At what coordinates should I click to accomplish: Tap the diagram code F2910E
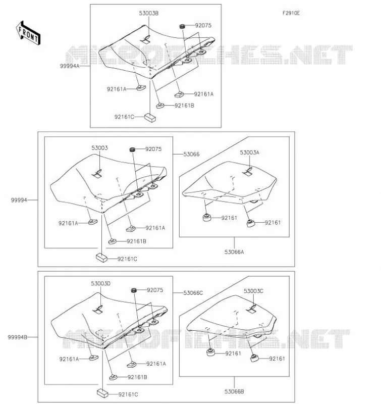[291, 13]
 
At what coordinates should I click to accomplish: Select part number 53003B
[149, 13]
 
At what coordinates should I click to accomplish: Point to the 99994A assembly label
[70, 66]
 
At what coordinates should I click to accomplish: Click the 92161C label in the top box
[124, 117]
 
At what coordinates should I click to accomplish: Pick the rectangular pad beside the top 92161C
[150, 117]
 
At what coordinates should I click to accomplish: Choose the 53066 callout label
[192, 154]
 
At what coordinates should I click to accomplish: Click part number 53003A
[249, 153]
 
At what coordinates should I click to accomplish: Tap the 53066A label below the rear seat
[234, 252]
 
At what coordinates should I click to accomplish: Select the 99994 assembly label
[19, 200]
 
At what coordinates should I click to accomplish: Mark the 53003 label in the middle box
[99, 148]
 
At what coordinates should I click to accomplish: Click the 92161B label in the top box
[184, 106]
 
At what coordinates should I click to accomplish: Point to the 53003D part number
[100, 283]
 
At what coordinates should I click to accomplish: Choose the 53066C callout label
[193, 293]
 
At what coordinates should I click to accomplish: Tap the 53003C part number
[253, 291]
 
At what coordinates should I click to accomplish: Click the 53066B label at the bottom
[234, 391]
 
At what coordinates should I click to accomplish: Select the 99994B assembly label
[18, 337]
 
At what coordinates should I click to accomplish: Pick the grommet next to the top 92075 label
[183, 26]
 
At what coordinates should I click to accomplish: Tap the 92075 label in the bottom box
[155, 290]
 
